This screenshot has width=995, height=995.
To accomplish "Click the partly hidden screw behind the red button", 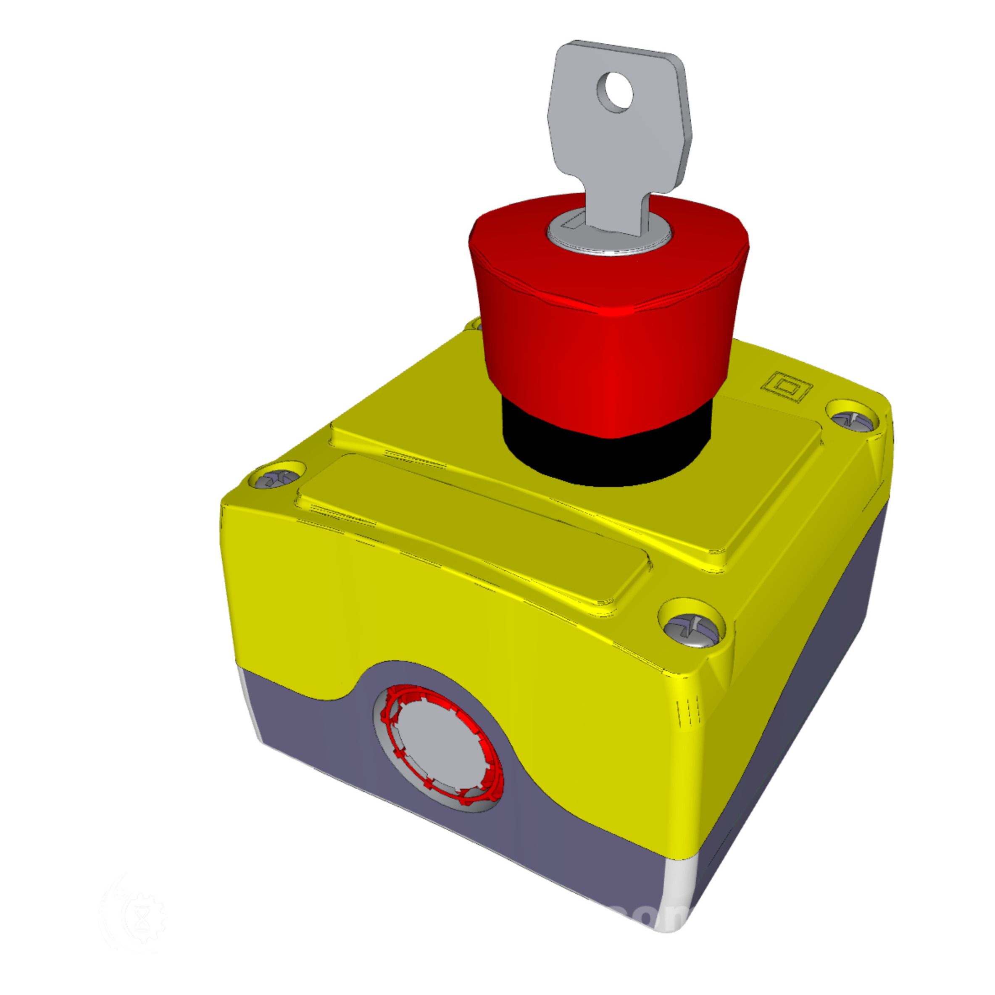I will click(x=473, y=324).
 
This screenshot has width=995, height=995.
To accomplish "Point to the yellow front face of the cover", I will click(x=412, y=618).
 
